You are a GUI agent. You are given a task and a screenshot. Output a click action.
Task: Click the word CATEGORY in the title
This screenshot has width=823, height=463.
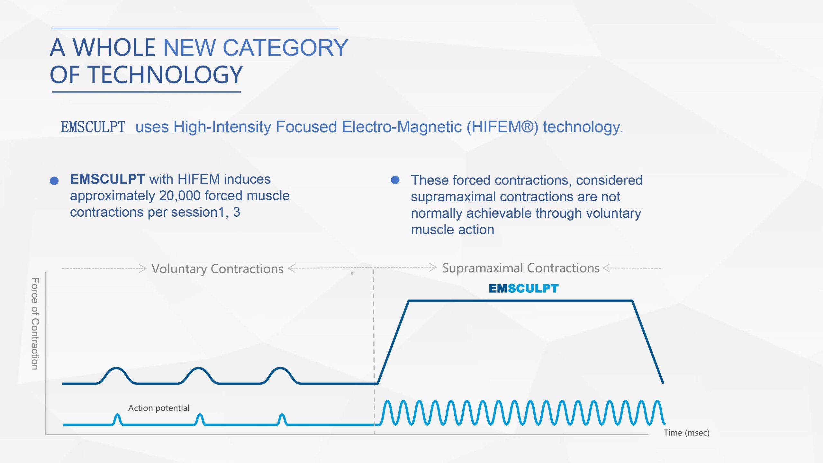285,48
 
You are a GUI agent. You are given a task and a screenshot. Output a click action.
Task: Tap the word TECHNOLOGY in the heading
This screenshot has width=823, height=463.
165,75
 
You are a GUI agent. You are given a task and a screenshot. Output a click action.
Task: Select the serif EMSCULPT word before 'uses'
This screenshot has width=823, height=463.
93,127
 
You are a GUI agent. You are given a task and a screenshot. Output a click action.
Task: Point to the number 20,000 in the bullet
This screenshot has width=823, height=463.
180,195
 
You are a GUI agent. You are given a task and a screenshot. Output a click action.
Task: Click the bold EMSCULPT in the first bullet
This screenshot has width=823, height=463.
107,179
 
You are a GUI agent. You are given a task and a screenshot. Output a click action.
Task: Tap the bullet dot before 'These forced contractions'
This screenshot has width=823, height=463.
395,180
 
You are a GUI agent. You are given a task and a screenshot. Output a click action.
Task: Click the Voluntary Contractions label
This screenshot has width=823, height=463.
217,269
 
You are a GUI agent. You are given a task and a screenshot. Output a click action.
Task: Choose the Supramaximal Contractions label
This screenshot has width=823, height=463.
521,268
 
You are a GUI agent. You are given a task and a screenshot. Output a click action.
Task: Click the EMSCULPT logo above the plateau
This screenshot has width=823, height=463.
524,288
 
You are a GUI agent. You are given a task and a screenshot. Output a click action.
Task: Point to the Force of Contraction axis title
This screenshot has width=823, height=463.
35,324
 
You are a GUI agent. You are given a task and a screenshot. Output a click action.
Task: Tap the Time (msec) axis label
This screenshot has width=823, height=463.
686,433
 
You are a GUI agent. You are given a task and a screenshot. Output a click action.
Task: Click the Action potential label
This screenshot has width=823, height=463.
159,408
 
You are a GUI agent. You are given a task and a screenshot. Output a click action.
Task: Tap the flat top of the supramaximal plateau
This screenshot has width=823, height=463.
520,301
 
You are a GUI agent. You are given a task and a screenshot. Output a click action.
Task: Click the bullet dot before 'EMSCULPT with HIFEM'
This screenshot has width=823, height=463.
54,181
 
